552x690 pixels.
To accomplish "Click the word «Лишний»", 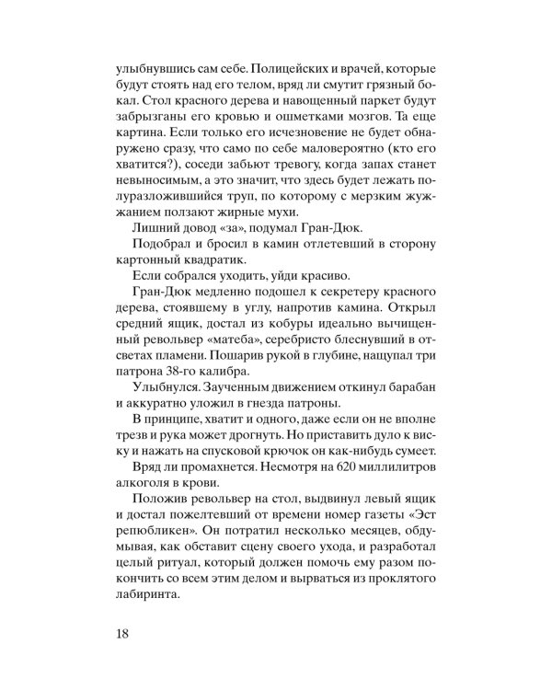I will point(152,257).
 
